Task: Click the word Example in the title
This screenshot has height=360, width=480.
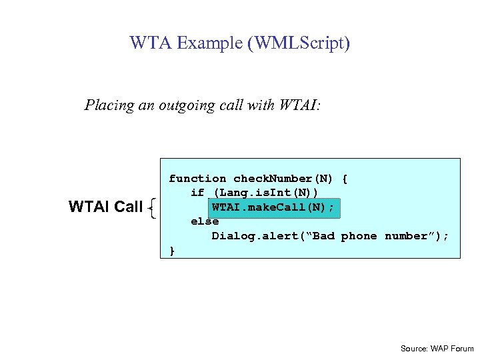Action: point(207,44)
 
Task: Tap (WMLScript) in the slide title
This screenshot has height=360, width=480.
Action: point(298,44)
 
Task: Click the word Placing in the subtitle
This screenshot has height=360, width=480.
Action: point(106,105)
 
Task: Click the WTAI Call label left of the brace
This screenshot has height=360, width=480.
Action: point(105,207)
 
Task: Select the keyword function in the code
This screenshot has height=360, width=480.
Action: point(197,179)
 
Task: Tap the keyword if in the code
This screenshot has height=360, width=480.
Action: point(197,193)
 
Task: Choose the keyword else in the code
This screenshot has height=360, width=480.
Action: point(205,221)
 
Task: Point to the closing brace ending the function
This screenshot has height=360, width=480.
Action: point(172,251)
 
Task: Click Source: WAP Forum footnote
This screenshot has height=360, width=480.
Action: point(437,349)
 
